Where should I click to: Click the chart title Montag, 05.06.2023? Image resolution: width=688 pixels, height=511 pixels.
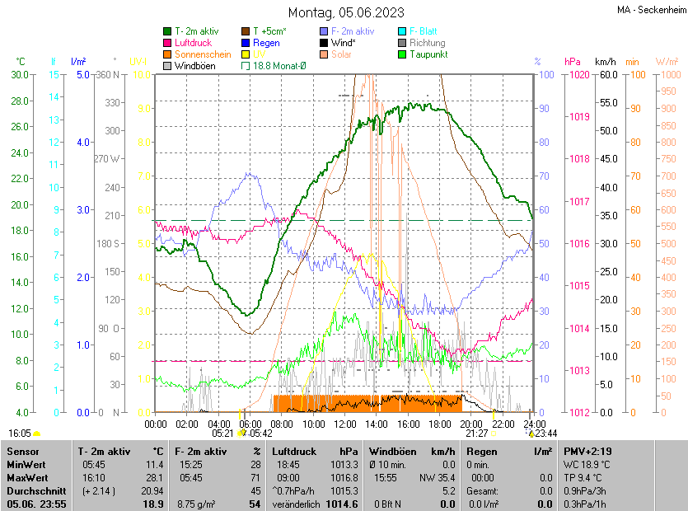346,12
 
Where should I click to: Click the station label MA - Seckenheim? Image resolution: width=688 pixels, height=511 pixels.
650,10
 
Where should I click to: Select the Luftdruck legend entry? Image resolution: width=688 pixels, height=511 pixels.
193,42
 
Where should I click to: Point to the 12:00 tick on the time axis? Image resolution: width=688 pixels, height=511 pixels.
345,424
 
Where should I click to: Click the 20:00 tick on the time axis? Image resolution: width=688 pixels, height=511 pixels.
471,424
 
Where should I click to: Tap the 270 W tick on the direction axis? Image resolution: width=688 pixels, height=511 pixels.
106,159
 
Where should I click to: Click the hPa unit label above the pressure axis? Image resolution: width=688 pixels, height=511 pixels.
573,62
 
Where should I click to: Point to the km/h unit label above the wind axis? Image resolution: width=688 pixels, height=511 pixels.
605,62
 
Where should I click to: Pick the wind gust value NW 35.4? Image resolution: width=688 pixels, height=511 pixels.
438,477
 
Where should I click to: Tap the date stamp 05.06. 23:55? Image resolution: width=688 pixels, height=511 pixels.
35,504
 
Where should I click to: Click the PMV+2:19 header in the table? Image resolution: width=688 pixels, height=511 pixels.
587,451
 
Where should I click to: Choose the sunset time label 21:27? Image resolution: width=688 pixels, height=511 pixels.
476,433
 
